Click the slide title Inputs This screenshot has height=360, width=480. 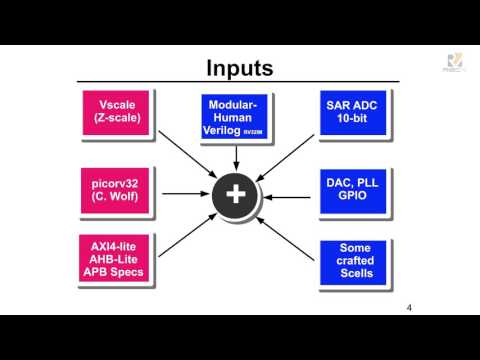[239, 68]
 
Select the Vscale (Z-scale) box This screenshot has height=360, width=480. [118, 112]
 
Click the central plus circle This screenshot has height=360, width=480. [236, 193]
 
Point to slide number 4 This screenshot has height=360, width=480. [409, 307]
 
